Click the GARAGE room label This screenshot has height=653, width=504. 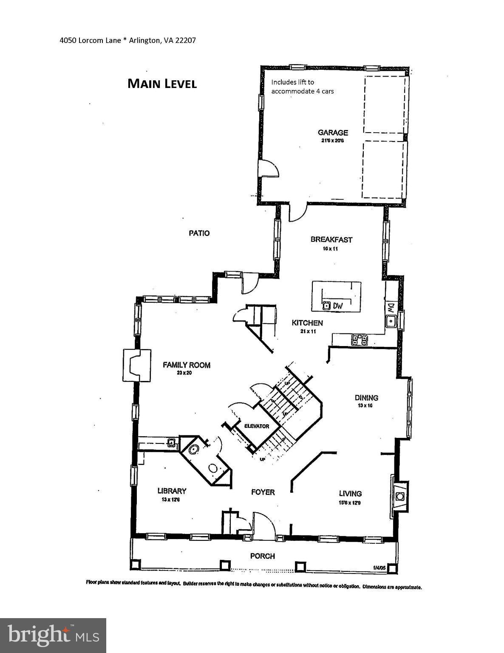point(333,133)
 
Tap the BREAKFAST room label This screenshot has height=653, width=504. point(331,239)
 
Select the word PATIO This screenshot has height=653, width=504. point(199,233)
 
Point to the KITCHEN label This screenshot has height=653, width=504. point(307,323)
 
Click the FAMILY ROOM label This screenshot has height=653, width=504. point(187,365)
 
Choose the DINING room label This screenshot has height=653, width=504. point(366,398)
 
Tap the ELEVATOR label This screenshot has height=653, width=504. point(256,426)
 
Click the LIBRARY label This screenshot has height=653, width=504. point(172,491)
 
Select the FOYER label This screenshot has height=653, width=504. point(263,492)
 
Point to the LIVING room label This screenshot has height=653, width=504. point(350,494)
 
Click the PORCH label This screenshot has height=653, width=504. point(262,556)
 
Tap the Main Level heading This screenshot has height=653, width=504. point(162,84)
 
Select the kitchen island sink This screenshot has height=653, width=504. point(326,305)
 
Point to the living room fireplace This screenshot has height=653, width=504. point(399,496)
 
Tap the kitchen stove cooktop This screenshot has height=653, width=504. point(360,339)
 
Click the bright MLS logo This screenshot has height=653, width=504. point(53,635)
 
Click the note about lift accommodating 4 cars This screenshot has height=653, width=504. point(302,86)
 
